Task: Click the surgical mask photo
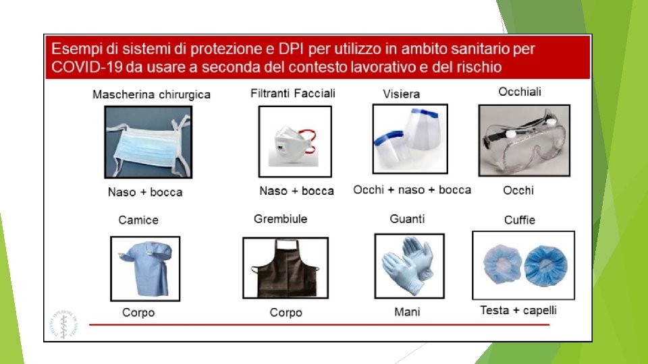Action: [148, 142]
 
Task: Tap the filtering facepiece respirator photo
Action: [295, 142]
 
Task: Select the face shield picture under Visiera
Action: [410, 139]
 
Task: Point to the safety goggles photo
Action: [524, 140]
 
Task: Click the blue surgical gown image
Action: [145, 268]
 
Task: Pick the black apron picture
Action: [286, 268]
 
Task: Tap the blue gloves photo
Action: [409, 266]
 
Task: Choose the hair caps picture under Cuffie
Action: [523, 266]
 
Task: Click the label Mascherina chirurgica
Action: [151, 94]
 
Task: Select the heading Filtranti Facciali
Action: [292, 93]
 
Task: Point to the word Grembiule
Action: [281, 218]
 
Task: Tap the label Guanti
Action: [407, 218]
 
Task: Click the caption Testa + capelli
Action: [518, 310]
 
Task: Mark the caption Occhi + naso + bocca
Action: [412, 190]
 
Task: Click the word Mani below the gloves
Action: [407, 311]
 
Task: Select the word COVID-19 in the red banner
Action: [87, 67]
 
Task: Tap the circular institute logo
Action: [64, 324]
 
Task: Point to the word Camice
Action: [138, 220]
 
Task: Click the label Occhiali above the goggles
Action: [520, 92]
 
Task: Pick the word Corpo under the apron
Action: [286, 312]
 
